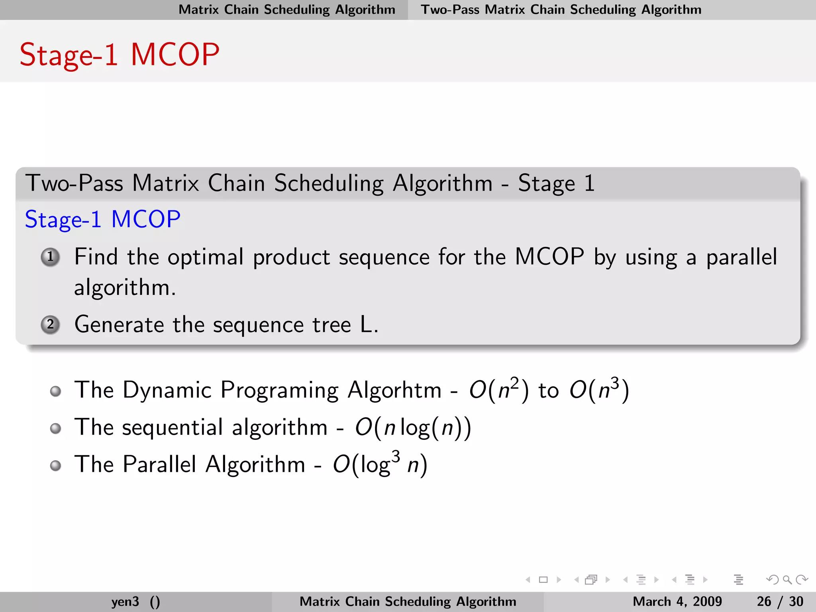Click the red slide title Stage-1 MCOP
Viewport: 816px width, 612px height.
[x=120, y=55]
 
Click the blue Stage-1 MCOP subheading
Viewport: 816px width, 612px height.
[x=102, y=219]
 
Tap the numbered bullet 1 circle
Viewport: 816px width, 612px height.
[x=51, y=257]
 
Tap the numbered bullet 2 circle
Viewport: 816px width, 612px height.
[x=51, y=325]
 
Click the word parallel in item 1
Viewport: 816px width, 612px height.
[x=741, y=257]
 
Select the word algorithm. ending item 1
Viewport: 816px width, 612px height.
[x=125, y=288]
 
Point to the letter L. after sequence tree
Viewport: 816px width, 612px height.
[x=369, y=324]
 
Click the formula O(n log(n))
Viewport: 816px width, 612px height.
[x=413, y=428]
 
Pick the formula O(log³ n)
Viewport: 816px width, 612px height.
[x=380, y=464]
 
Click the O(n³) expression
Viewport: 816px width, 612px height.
[x=599, y=389]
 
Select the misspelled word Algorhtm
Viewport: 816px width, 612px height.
[x=394, y=390]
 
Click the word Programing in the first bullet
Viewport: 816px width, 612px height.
[x=279, y=390]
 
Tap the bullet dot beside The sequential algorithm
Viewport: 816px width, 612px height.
[x=56, y=428]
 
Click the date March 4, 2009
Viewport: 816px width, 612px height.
[x=677, y=601]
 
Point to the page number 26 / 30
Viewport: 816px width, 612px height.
[x=780, y=601]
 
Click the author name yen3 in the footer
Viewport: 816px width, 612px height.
[x=125, y=601]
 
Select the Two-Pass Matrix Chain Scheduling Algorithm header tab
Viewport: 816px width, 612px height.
[x=561, y=10]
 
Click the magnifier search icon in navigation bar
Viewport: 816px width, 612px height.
[x=787, y=580]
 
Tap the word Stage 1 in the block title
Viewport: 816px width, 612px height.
[x=556, y=183]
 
